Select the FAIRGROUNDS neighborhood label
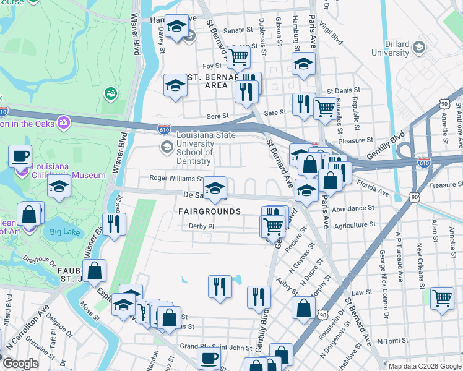[x=210, y=211]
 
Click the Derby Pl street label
[x=201, y=226]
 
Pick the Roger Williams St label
[x=176, y=179]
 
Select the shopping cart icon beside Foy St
[x=238, y=57]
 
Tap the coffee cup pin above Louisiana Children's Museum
[x=20, y=156]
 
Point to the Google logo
[x=20, y=364]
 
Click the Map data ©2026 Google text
[x=425, y=365]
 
